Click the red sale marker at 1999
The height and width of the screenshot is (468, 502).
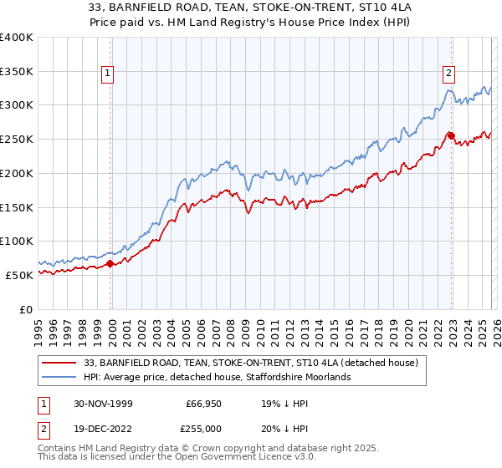[x=110, y=263]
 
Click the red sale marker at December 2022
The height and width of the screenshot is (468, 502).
[x=451, y=135]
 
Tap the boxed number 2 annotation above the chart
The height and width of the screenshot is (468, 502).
[x=449, y=73]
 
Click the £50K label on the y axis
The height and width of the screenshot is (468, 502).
[x=19, y=275]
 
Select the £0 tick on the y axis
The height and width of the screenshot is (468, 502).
[x=27, y=309]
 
